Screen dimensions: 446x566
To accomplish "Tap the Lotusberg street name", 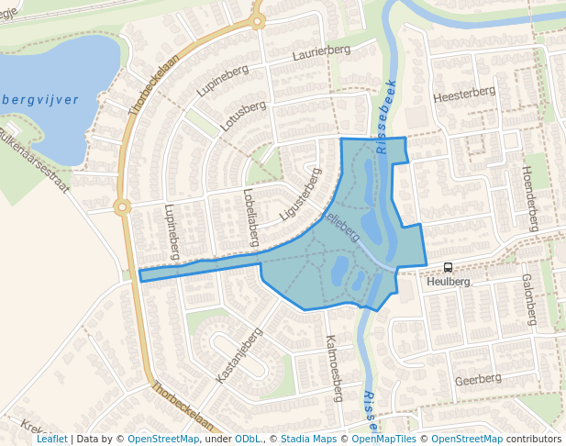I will (x=243, y=116).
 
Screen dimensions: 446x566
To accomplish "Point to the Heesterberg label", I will (x=464, y=94).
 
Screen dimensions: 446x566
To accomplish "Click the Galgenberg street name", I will (x=528, y=299).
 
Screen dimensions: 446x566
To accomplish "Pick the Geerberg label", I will (x=478, y=379).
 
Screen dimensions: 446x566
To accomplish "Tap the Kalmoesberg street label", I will (x=334, y=368).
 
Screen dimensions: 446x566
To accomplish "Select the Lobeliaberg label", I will (x=250, y=217).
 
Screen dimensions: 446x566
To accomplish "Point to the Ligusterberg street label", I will (x=301, y=195).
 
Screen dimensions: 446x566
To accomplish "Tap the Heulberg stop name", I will (x=449, y=282).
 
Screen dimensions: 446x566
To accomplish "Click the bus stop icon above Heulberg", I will (x=449, y=267).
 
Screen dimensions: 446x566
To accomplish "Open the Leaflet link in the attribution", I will (x=51, y=439).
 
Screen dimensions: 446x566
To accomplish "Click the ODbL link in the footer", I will (x=248, y=439).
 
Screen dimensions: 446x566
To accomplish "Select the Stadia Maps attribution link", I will (x=308, y=439).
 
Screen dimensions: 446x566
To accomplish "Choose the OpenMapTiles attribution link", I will (x=384, y=439).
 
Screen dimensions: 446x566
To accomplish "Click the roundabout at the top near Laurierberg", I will (x=258, y=19).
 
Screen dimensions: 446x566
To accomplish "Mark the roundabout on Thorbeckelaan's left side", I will (x=122, y=206).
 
